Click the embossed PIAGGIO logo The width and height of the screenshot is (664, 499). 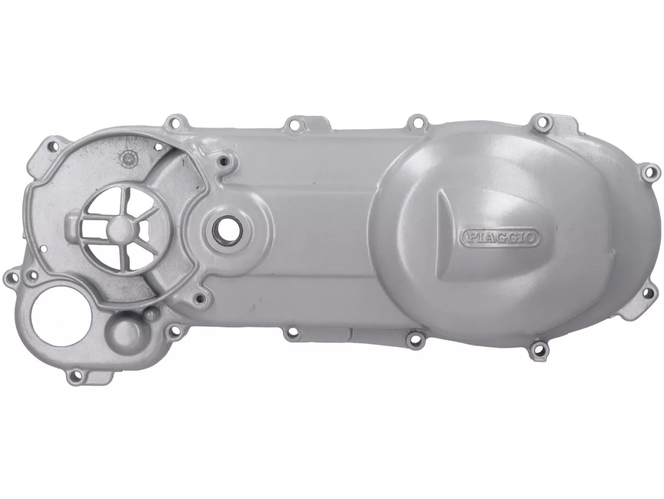point(500,238)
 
